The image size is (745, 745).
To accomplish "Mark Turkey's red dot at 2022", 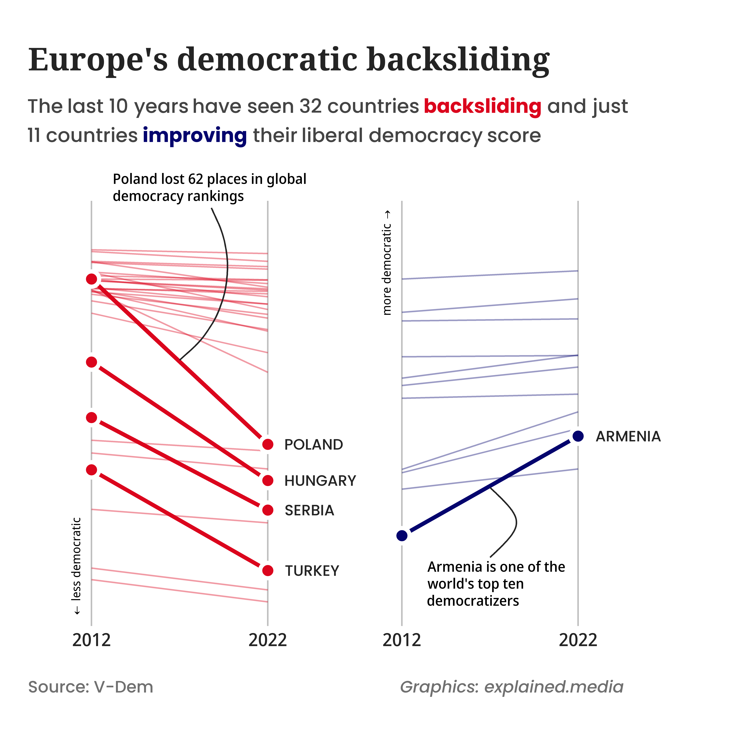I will pyautogui.click(x=268, y=570).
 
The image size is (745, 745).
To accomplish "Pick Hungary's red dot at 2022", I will pyautogui.click(x=268, y=480).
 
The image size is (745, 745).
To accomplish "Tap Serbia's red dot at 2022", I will pyautogui.click(x=268, y=510).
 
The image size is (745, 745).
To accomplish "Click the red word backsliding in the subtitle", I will pyautogui.click(x=482, y=106).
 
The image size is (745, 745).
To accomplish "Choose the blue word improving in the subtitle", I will pyautogui.click(x=195, y=136).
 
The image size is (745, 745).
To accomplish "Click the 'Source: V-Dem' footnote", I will pyautogui.click(x=91, y=687).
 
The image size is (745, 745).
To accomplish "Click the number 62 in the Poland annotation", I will pyautogui.click(x=196, y=179).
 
